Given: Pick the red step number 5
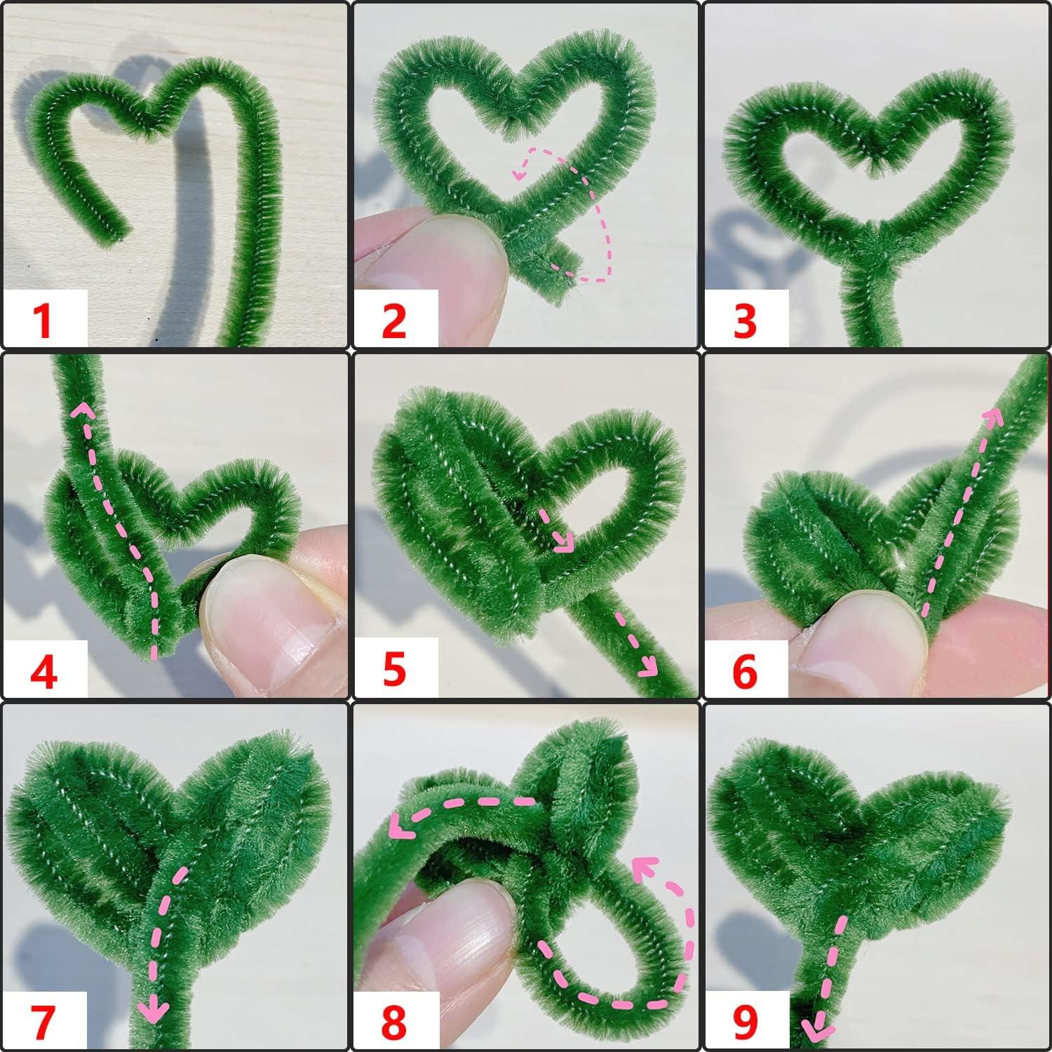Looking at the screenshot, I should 394,670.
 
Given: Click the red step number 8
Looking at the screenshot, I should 394,1020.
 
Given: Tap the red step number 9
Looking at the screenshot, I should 745,1020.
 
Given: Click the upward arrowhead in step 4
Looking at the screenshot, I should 83,410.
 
